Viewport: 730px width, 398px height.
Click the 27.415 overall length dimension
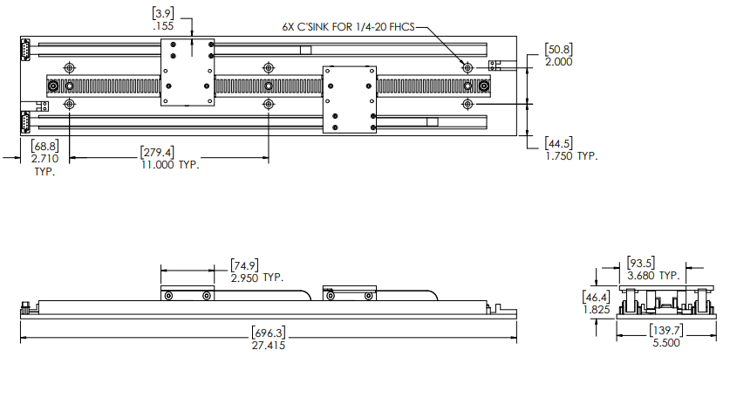click(269, 346)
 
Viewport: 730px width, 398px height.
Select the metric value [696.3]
click(269, 333)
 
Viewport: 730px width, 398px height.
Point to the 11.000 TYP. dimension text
click(170, 165)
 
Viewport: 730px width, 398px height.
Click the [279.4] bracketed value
click(157, 152)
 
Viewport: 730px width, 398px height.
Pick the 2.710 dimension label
click(44, 160)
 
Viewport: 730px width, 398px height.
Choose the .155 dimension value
click(163, 27)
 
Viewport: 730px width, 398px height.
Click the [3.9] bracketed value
click(163, 14)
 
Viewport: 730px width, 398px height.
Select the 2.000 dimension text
click(558, 62)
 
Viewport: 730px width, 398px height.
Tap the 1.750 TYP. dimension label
click(571, 155)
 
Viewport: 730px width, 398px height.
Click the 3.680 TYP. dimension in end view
click(654, 275)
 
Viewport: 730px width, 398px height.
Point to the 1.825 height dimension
click(596, 309)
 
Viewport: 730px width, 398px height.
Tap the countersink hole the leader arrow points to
click(468, 66)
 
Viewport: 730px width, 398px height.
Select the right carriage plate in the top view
click(349, 99)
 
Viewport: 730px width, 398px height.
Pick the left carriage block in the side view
click(187, 294)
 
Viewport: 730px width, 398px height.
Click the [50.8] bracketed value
click(558, 49)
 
